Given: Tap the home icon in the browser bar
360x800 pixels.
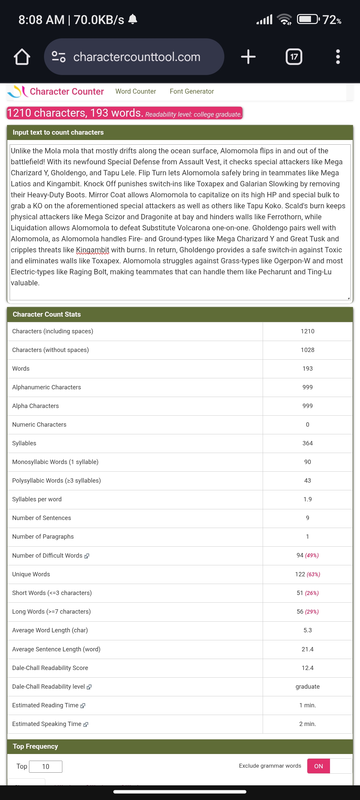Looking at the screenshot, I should [x=22, y=57].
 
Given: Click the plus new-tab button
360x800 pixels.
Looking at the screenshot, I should [x=248, y=57].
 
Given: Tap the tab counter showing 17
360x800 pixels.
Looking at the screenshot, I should [x=294, y=57].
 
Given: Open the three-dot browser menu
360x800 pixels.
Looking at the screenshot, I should [x=338, y=57].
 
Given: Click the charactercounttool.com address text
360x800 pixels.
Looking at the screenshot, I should [x=137, y=57].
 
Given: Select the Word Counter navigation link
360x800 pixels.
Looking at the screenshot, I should [x=136, y=91].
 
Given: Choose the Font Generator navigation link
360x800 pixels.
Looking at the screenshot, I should [x=192, y=91].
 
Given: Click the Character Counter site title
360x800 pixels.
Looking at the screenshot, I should [x=67, y=92].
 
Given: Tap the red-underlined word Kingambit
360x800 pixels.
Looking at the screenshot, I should [x=92, y=250].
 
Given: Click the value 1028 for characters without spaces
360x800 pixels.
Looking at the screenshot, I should [x=307, y=350].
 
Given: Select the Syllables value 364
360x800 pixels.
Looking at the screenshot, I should [x=307, y=443].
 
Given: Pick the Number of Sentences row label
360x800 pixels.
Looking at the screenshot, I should [x=42, y=518].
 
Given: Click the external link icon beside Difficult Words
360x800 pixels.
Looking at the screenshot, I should [x=87, y=556].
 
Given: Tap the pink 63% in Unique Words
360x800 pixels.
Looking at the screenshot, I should [x=313, y=574].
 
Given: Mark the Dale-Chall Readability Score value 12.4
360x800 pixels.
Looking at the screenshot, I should [x=307, y=668].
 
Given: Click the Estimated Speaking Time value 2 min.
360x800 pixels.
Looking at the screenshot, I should [x=307, y=724].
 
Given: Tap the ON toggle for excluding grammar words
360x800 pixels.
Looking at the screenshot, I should [x=318, y=766].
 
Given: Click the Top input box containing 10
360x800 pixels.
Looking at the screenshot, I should [x=46, y=767].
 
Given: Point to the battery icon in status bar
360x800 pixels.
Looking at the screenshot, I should [x=308, y=19].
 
